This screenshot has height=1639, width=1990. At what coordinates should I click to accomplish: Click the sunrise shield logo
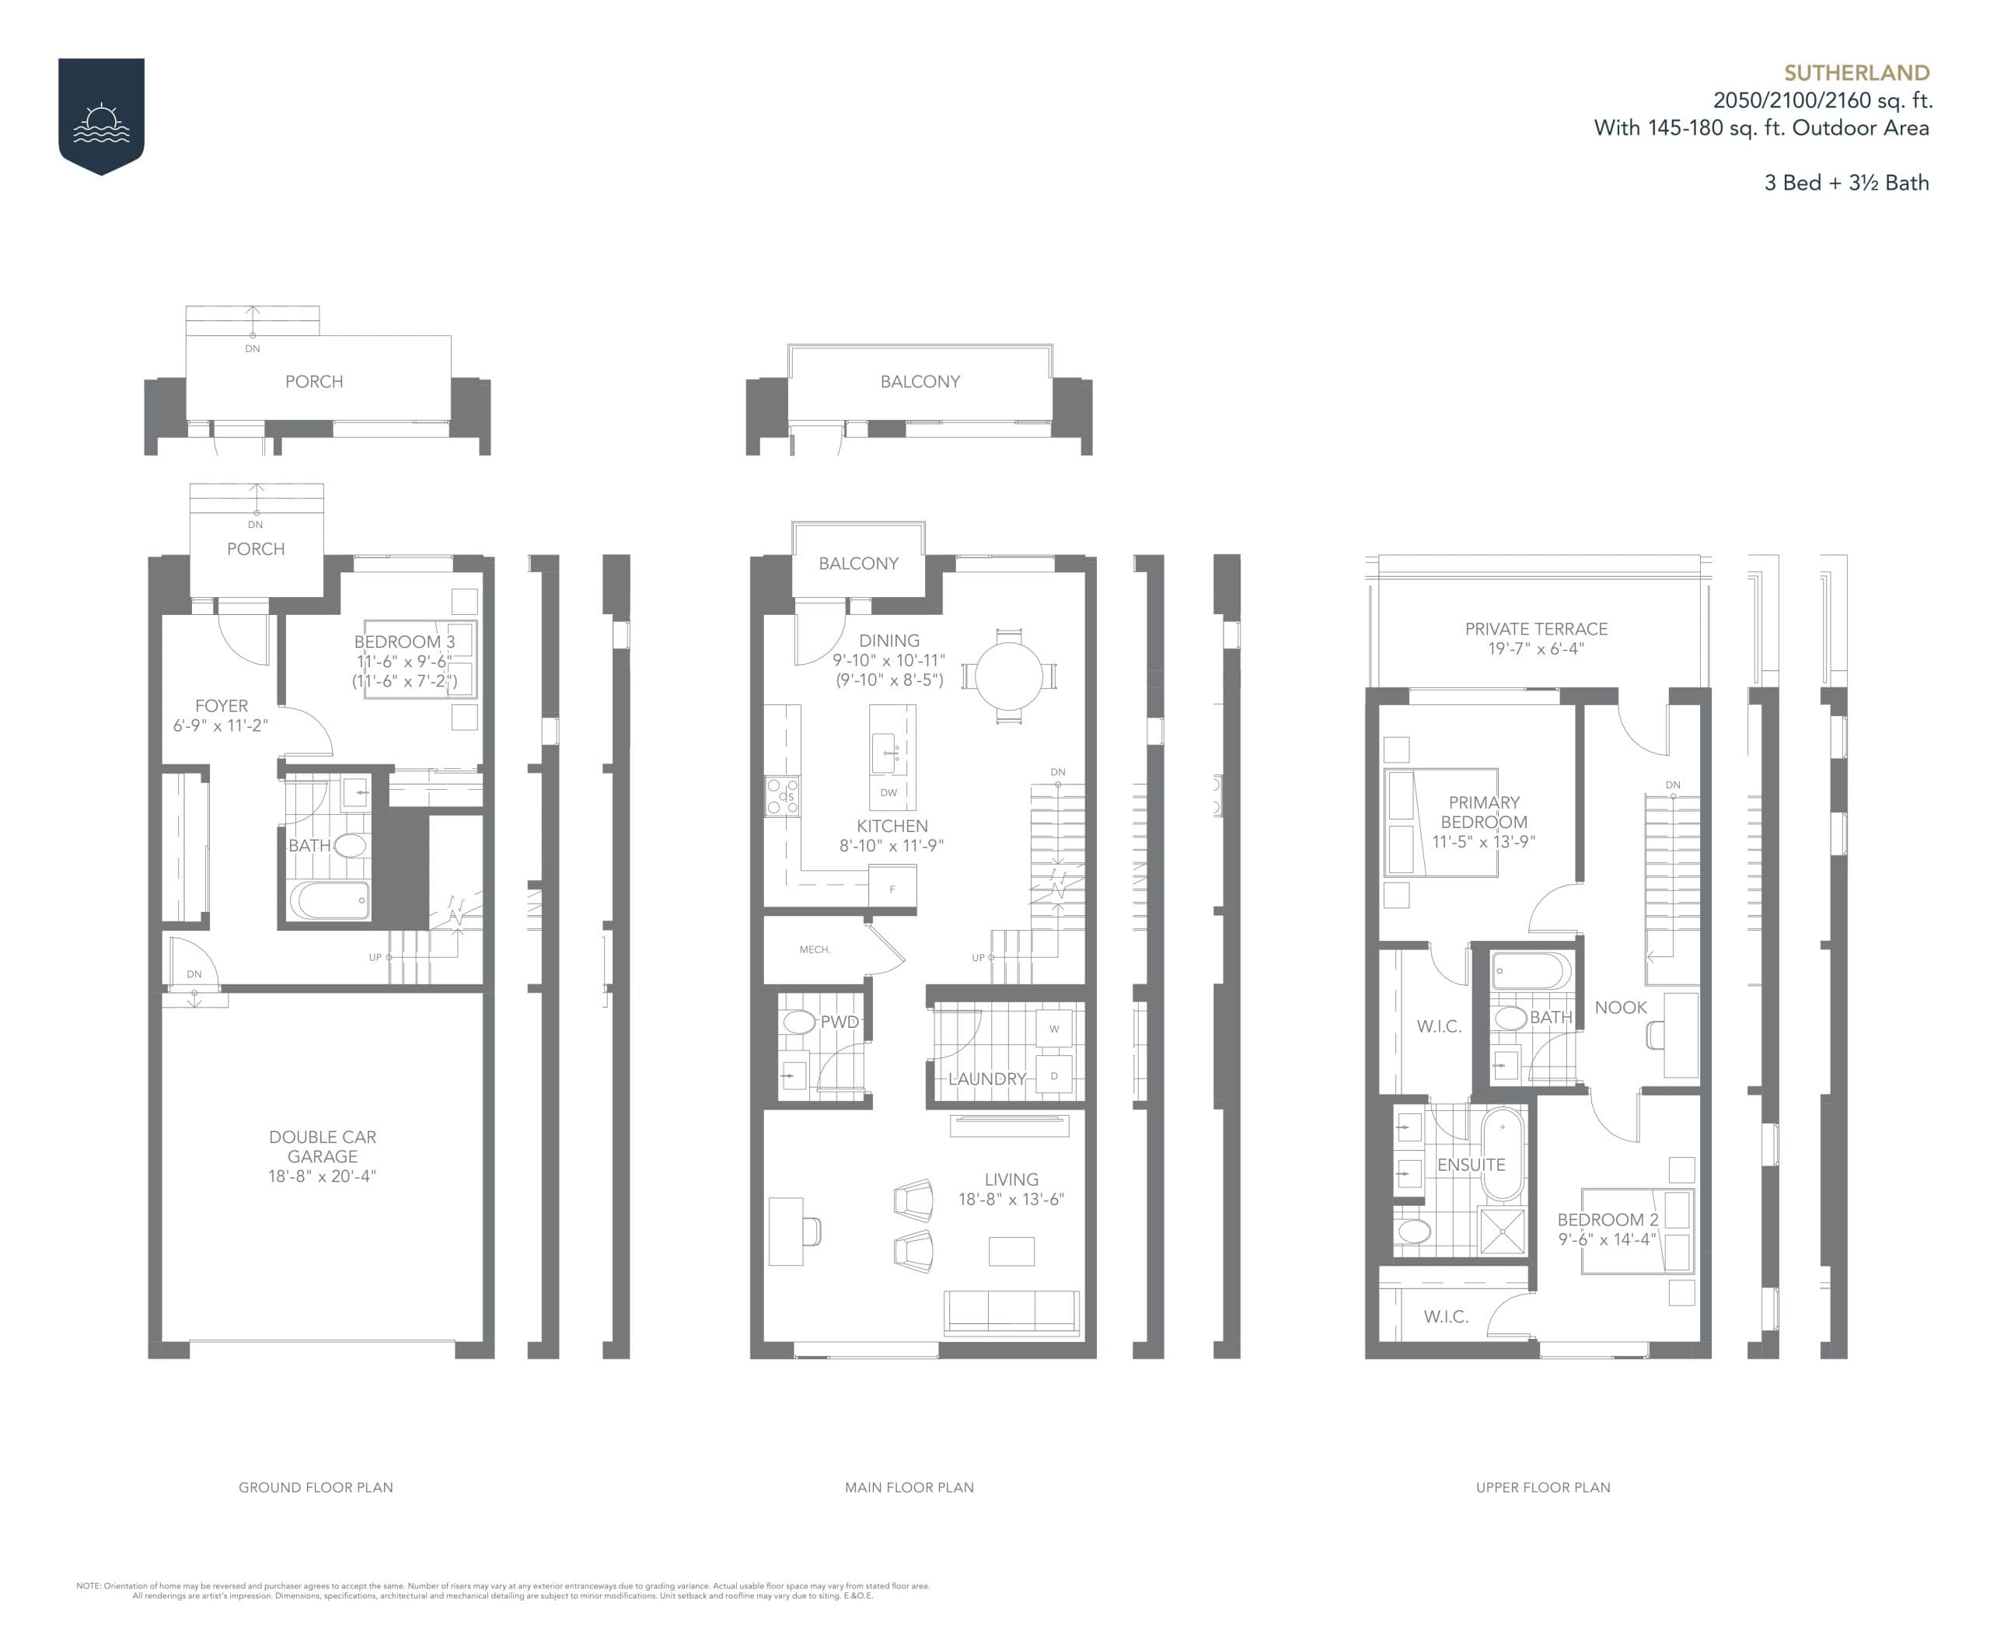(x=101, y=115)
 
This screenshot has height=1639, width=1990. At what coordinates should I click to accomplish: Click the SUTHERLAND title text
(x=1855, y=73)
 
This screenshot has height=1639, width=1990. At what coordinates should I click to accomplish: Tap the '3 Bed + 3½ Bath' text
(x=1845, y=183)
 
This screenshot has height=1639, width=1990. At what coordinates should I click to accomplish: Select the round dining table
(x=1008, y=676)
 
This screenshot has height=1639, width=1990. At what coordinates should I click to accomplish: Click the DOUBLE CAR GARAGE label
(x=322, y=1146)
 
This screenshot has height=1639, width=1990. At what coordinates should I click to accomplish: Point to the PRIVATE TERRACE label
(x=1535, y=629)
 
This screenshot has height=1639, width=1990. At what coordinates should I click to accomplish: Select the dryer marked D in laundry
(x=1053, y=1075)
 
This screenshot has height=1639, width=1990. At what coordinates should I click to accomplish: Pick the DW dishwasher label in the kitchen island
(x=888, y=793)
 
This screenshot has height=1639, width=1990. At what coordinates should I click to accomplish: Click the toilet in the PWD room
(x=798, y=1022)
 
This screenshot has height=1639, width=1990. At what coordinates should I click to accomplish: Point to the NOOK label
(x=1620, y=1008)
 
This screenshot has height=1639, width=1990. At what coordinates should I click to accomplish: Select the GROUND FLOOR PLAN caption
(x=316, y=1487)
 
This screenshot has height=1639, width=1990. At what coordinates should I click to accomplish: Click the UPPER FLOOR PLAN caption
(x=1542, y=1487)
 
